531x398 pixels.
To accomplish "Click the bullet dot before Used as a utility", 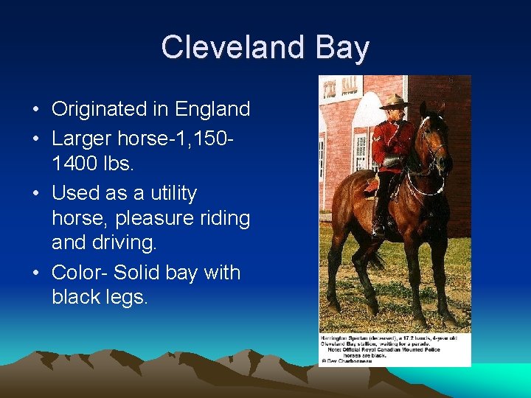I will tap(36, 194).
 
